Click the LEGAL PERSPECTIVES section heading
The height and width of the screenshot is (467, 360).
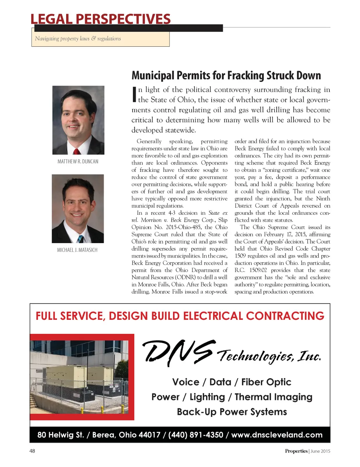click(x=101, y=19)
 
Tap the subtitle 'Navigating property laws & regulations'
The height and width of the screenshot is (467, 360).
click(x=78, y=39)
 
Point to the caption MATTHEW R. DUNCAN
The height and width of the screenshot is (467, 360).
click(x=78, y=162)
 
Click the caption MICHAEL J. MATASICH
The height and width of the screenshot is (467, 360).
click(x=77, y=250)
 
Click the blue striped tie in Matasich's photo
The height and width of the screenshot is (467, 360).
click(x=81, y=239)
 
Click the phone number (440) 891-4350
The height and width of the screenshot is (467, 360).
click(x=195, y=435)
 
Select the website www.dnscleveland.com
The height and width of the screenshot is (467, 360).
click(x=277, y=435)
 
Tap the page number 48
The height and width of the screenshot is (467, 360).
click(x=32, y=451)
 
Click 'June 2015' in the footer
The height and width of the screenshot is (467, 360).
click(x=320, y=451)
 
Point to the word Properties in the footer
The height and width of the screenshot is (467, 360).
click(x=296, y=451)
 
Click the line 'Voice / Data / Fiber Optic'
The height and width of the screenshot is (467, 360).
click(x=232, y=382)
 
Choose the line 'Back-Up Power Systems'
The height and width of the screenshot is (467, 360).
click(x=232, y=412)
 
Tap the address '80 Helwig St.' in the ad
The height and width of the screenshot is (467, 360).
click(x=60, y=435)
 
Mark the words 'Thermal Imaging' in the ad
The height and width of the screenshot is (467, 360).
click(x=273, y=397)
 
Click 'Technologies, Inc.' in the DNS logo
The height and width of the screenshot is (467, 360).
click(x=269, y=356)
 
